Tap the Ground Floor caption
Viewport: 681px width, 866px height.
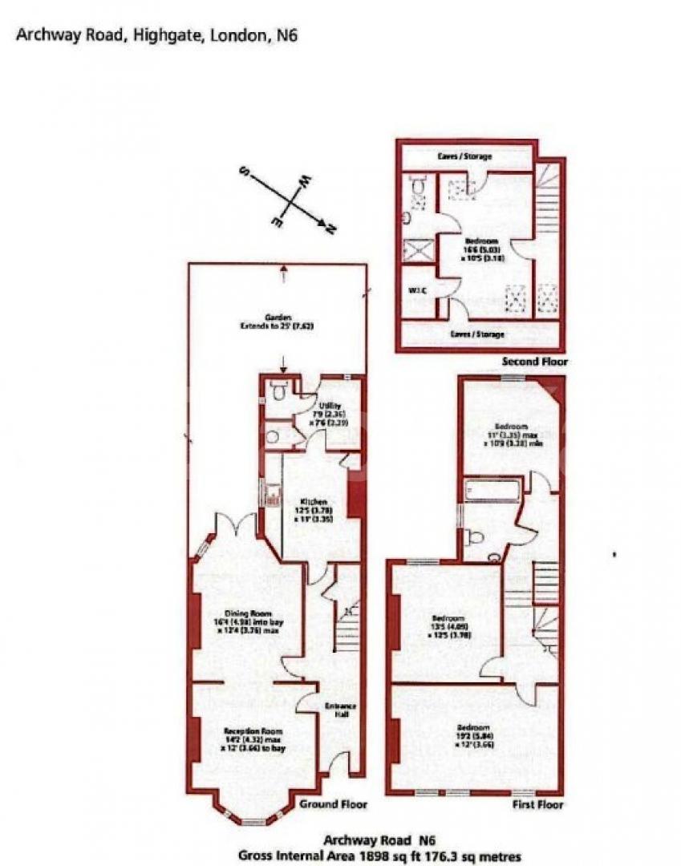[333, 803]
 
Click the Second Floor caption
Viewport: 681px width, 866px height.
[535, 362]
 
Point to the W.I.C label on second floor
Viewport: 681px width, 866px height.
[415, 289]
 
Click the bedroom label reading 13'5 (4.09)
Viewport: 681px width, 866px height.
[449, 624]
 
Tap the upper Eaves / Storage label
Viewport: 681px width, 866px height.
[464, 156]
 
